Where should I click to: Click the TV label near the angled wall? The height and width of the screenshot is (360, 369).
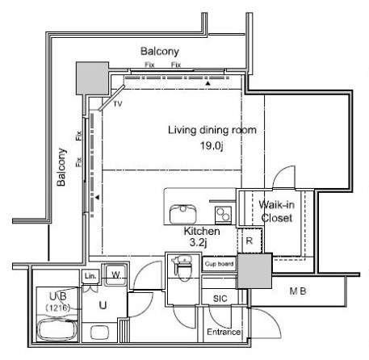pos(118,103)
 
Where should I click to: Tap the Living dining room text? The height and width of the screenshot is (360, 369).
pos(212,130)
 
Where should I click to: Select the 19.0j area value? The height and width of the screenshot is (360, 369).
pos(212,146)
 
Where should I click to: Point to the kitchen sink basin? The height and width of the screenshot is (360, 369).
pos(183,214)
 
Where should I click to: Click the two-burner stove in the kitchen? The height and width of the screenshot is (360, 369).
pos(223,215)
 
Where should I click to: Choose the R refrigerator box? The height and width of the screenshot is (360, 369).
pos(249,241)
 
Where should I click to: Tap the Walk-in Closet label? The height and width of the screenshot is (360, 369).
pos(276,211)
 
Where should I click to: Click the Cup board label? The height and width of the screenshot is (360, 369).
pos(219,264)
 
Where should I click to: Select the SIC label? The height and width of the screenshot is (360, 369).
pos(220,299)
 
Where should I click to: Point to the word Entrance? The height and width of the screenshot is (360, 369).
pos(224,332)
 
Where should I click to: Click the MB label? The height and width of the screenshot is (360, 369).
pos(298,291)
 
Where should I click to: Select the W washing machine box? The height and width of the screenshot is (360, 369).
pos(115,275)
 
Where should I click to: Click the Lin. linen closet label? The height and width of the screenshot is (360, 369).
pos(90,276)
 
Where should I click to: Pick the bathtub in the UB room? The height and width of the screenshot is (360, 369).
pos(57,329)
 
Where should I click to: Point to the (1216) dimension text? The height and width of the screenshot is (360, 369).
pos(58,308)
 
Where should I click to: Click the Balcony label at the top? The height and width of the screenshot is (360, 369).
pos(160,51)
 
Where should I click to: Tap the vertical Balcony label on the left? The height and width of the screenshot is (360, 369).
pos(61,167)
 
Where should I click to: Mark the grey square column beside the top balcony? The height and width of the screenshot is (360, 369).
pos(92,78)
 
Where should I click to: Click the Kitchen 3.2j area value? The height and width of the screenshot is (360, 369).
pos(198,243)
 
